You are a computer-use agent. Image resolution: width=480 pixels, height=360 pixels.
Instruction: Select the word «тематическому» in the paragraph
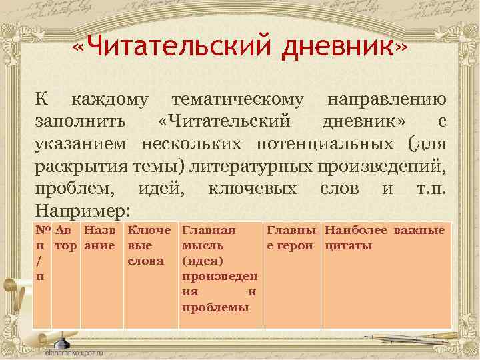tap(238, 100)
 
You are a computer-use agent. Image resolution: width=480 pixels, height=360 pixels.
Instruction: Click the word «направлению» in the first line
tap(386, 100)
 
